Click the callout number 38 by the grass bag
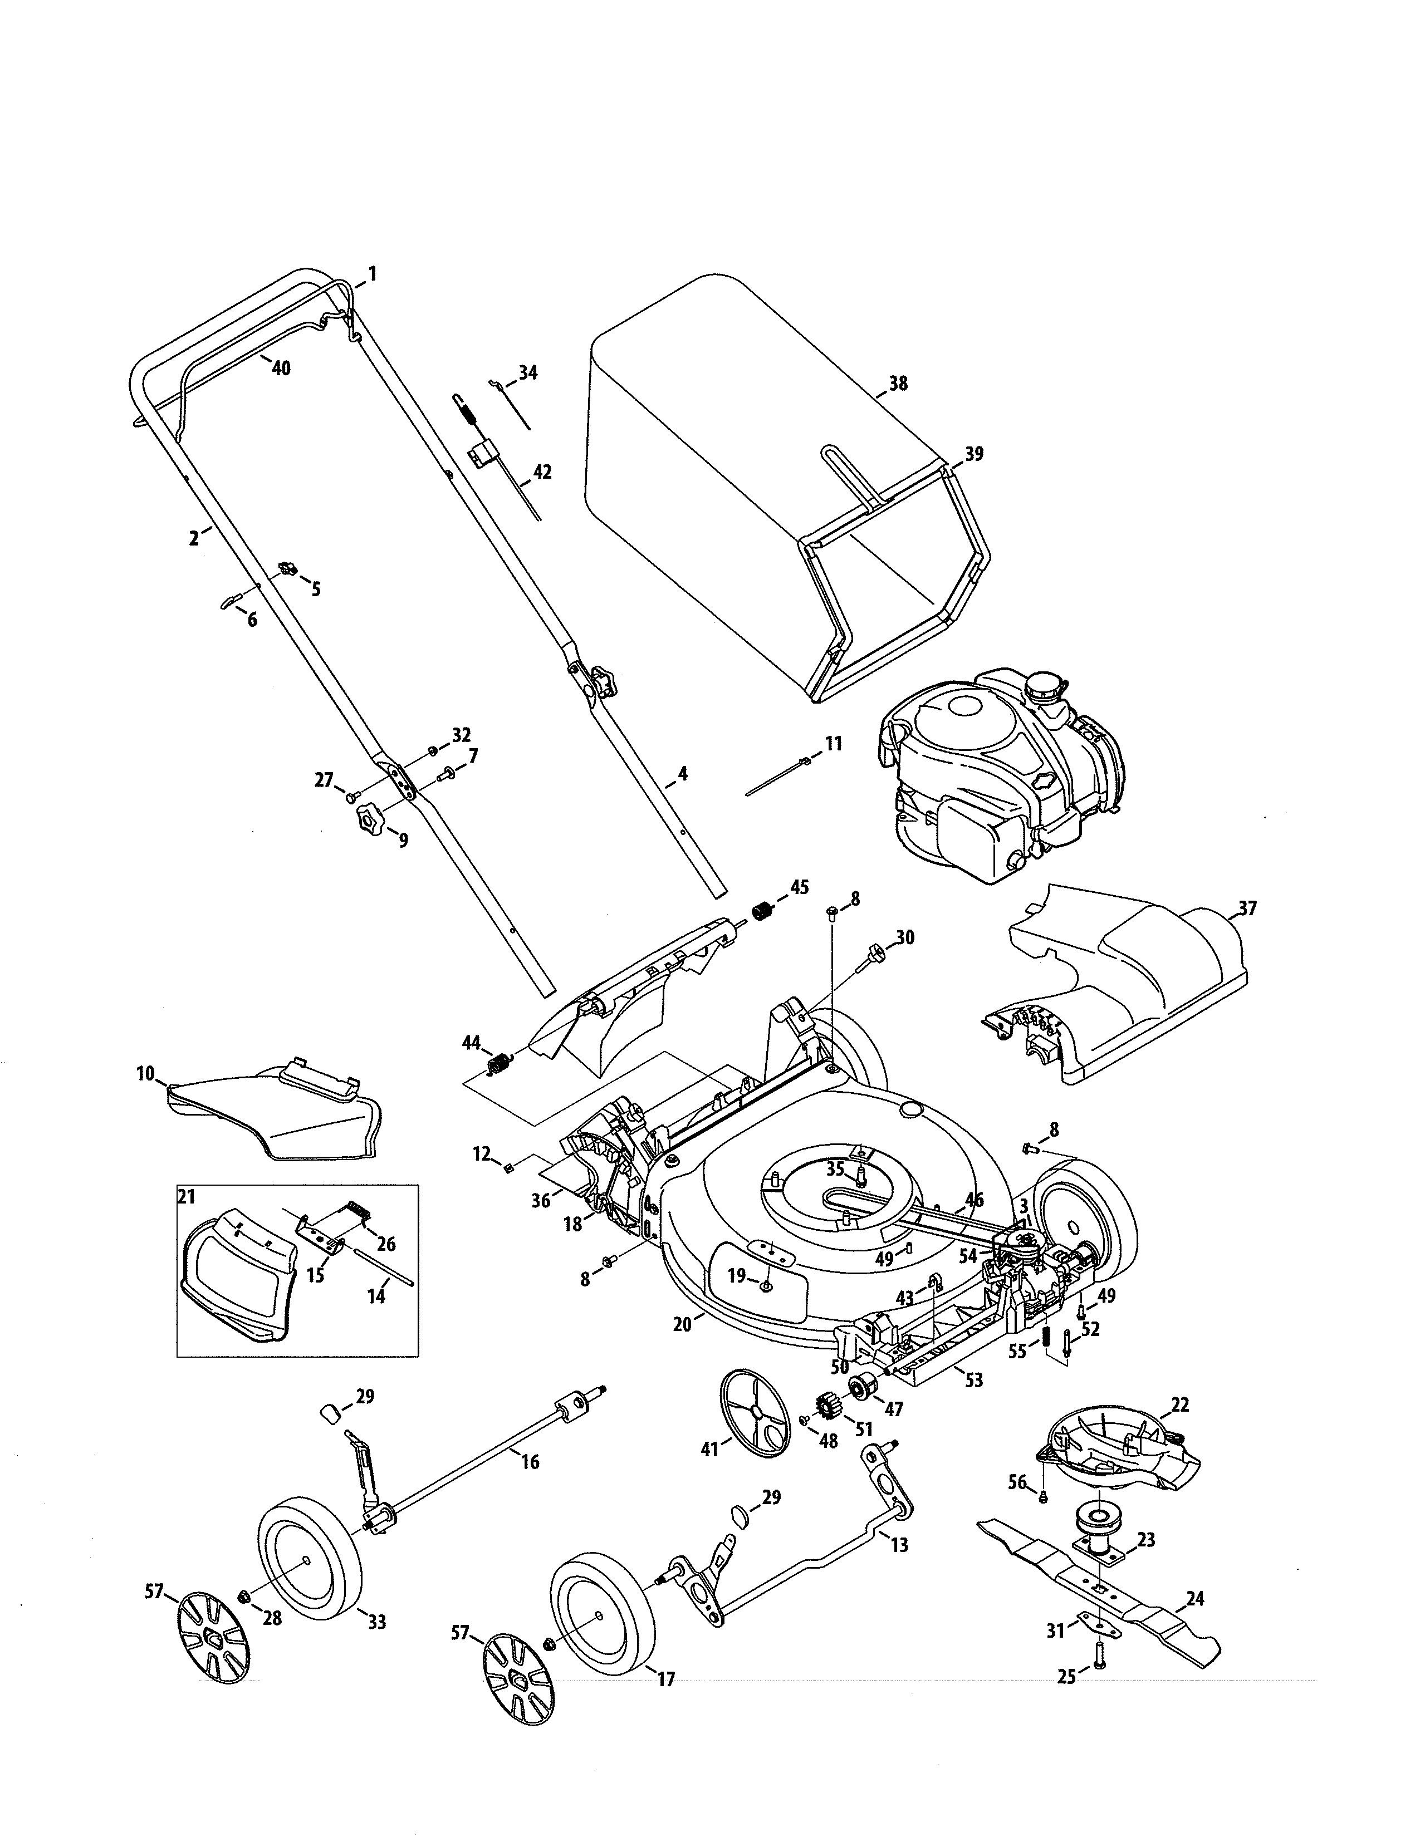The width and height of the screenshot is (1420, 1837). tap(898, 384)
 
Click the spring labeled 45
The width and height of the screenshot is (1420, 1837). tap(762, 911)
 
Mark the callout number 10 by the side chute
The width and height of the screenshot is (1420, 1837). tap(145, 1073)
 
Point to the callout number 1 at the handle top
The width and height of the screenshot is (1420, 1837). tap(372, 273)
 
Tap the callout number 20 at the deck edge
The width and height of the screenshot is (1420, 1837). tap(682, 1324)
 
